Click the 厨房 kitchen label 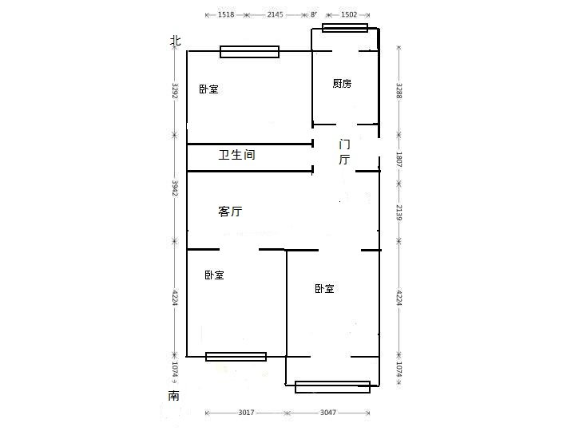pyautogui.click(x=342, y=84)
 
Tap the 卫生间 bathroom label pyautogui.click(x=237, y=156)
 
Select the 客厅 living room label pyautogui.click(x=230, y=212)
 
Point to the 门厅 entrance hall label pyautogui.click(x=344, y=152)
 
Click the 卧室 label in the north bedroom pyautogui.click(x=208, y=89)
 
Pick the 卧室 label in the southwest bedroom pyautogui.click(x=213, y=275)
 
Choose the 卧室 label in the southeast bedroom pyautogui.click(x=323, y=288)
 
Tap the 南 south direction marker pyautogui.click(x=174, y=396)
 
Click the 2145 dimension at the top pyautogui.click(x=276, y=14)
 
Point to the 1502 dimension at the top pyautogui.click(x=349, y=14)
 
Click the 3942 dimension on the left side pyautogui.click(x=175, y=188)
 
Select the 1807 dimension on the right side pyautogui.click(x=399, y=159)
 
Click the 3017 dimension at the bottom pyautogui.click(x=245, y=413)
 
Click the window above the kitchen pyautogui.click(x=345, y=28)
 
